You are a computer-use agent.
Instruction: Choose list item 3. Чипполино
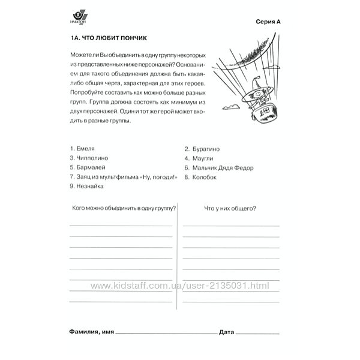[89, 158]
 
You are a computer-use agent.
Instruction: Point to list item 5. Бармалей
[88, 167]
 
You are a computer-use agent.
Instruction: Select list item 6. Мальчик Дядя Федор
[219, 167]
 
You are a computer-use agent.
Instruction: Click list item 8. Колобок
[200, 177]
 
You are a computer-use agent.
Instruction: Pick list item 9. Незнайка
[87, 187]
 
